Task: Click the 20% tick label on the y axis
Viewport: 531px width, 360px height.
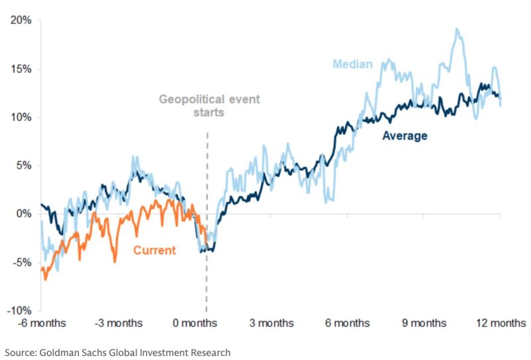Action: tap(20, 21)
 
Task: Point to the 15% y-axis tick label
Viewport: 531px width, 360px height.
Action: tap(20, 69)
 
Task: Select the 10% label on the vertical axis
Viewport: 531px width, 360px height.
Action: tap(20, 118)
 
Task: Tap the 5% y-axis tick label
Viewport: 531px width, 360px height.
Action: tap(23, 166)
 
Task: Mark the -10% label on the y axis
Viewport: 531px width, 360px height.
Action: tap(19, 311)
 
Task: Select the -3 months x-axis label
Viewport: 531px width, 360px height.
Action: tap(118, 323)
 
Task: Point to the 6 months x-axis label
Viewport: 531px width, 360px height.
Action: tap(348, 323)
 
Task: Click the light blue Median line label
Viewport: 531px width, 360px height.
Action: tap(352, 64)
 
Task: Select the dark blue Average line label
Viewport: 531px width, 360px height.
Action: tap(404, 136)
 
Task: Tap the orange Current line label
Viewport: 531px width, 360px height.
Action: tap(155, 250)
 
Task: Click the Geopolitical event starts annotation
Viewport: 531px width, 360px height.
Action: tap(209, 106)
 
